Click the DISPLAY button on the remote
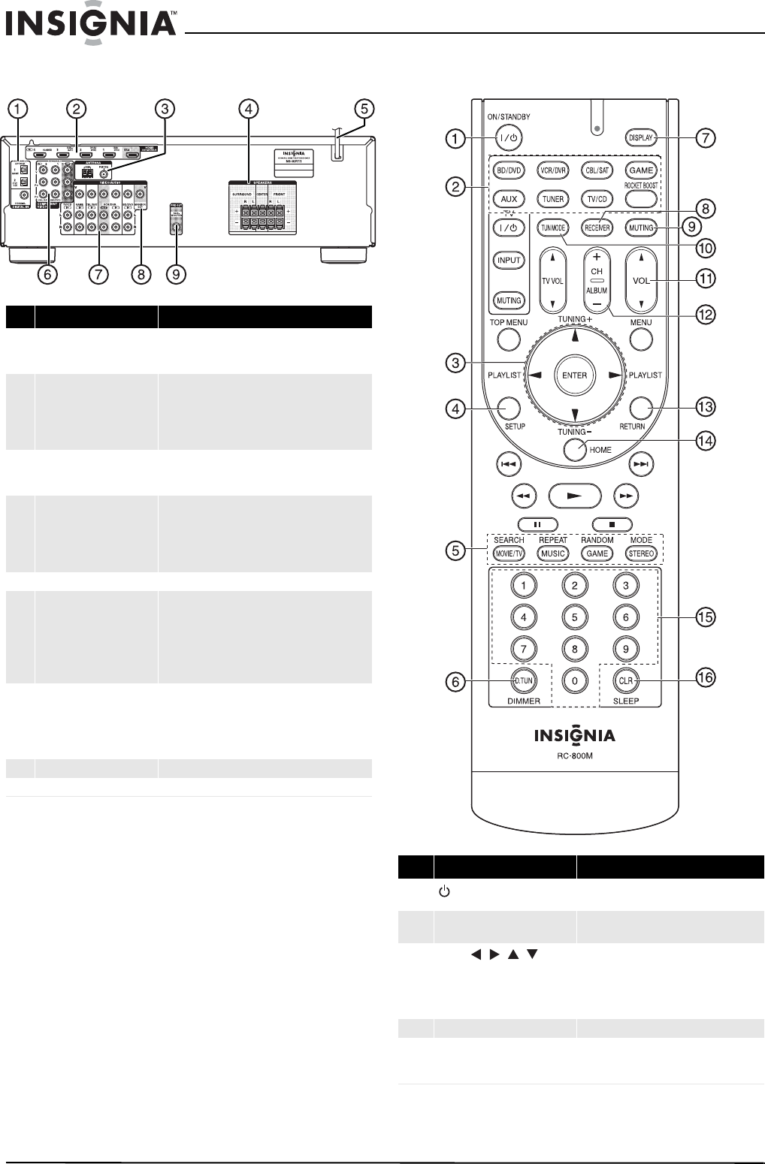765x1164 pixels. (641, 137)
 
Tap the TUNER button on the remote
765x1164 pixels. (552, 199)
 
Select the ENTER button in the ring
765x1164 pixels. (574, 375)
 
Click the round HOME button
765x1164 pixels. (574, 449)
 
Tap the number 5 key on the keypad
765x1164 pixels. (574, 617)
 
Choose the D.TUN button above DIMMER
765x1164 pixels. (523, 680)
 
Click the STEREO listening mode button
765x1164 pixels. (641, 553)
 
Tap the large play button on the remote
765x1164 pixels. (574, 496)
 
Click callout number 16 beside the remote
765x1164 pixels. (705, 677)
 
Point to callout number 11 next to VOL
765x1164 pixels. (705, 279)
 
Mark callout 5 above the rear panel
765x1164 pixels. (364, 109)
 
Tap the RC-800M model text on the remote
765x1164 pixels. (574, 755)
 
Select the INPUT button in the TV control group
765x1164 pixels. (509, 261)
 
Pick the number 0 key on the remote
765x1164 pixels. (574, 680)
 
